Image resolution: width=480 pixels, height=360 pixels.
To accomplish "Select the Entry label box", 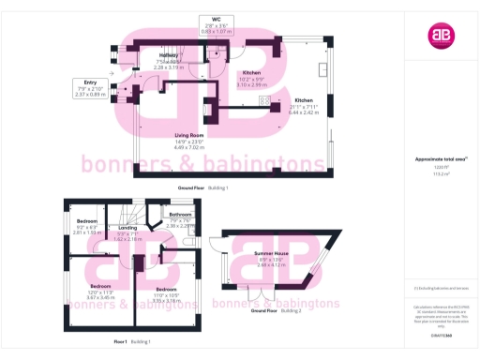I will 90,88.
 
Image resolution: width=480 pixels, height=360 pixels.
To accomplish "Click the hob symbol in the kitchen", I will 264,100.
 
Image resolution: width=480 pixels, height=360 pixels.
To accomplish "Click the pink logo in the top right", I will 440,36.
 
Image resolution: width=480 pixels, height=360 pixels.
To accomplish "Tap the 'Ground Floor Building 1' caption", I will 202,188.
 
